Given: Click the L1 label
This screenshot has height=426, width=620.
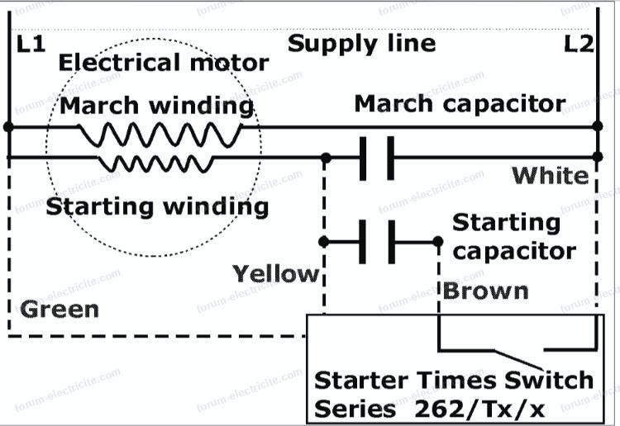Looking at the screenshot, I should point(31,44).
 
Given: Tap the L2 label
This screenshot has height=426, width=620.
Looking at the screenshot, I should point(579,44).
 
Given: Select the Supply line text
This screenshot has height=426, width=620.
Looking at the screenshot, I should point(361,43).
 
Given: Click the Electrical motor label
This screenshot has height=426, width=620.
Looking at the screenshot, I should point(164,63).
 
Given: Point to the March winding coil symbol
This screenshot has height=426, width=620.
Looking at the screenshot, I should point(160,132).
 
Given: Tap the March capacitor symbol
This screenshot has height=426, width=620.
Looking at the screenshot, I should point(377,157).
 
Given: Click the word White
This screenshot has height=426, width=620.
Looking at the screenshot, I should point(551,175).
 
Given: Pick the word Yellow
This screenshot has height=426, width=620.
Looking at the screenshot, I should point(275,273).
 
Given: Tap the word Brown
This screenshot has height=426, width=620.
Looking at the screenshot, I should point(485,291).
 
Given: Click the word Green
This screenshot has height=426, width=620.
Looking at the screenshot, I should point(59,310).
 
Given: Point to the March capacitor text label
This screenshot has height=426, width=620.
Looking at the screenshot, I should point(460,104).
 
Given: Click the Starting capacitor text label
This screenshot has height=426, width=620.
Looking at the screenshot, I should point(513,236).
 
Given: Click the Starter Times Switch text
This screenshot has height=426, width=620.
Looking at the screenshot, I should point(454,381).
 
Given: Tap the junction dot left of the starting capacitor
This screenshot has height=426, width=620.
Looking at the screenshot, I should point(324,242).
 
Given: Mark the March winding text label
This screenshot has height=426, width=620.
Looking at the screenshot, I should point(156,106).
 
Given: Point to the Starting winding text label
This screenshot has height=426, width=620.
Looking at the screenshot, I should point(157,206).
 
